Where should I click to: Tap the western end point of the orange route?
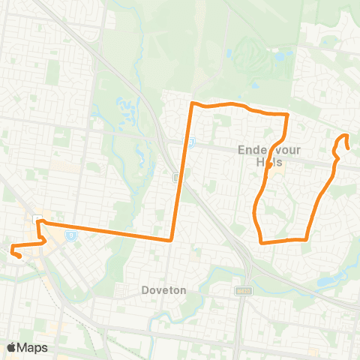coord(17,256)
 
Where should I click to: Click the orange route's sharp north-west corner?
coord(193,103)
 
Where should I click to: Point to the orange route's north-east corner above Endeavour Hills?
coord(288,115)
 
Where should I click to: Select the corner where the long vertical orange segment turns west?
coord(172,240)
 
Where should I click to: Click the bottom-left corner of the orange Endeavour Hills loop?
coord(261,241)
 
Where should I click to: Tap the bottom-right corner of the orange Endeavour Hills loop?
coord(307,239)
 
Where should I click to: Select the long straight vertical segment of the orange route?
coord(182,172)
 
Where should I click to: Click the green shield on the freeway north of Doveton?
coord(175,178)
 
